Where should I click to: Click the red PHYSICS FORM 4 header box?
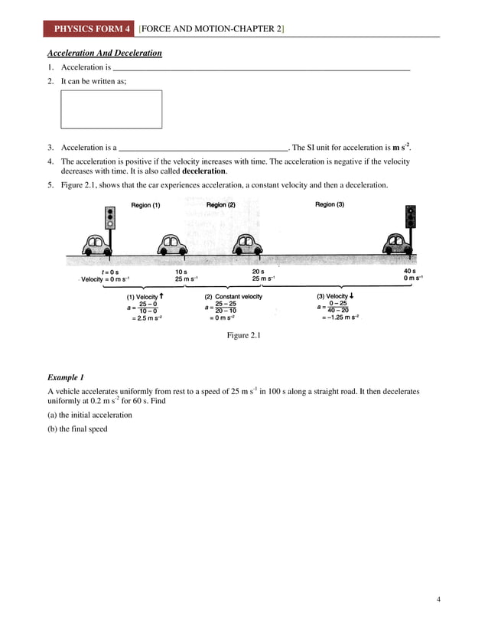pos(89,29)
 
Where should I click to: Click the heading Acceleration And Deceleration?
pos(105,54)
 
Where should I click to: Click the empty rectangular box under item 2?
pos(111,109)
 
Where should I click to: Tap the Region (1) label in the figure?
pos(145,206)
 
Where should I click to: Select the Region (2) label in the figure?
pos(220,205)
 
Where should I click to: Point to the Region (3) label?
pos(330,205)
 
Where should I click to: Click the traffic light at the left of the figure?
pos(110,220)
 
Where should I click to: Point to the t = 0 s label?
pos(110,272)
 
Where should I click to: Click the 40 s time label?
pos(409,272)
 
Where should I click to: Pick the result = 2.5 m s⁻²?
pos(146,318)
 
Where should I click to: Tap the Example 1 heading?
pos(66,378)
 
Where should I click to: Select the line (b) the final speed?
pos(77,429)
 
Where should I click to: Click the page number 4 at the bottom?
pos(439,599)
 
